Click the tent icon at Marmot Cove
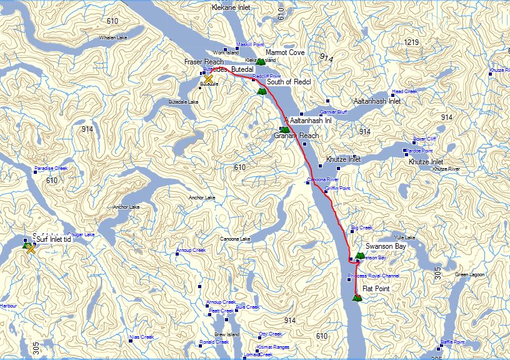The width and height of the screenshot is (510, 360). [261, 61]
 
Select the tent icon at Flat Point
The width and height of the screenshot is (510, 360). [357, 297]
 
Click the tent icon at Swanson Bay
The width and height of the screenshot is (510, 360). [359, 256]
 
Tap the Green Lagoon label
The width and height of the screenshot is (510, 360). [470, 275]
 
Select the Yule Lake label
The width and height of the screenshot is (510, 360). [405, 237]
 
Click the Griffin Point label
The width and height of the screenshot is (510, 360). [337, 188]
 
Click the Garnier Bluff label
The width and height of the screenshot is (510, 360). [333, 112]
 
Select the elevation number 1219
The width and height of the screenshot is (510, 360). [411, 42]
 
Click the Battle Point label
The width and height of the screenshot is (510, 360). [453, 342]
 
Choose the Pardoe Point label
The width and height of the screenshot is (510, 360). [419, 151]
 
